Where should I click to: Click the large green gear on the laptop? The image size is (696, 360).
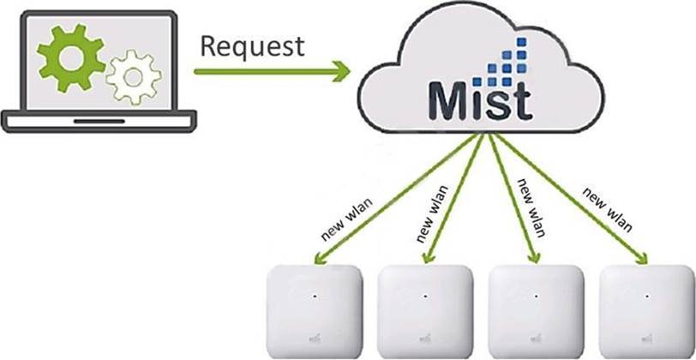70,57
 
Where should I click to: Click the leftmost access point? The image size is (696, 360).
315,311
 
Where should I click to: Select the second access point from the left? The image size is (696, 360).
426,311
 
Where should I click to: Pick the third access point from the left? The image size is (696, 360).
536,311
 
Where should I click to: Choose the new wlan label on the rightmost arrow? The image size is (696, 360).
608,210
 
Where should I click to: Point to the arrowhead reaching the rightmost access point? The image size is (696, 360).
645,257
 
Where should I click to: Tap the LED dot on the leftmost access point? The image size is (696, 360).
315,296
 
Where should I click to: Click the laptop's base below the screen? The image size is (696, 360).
99,120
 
